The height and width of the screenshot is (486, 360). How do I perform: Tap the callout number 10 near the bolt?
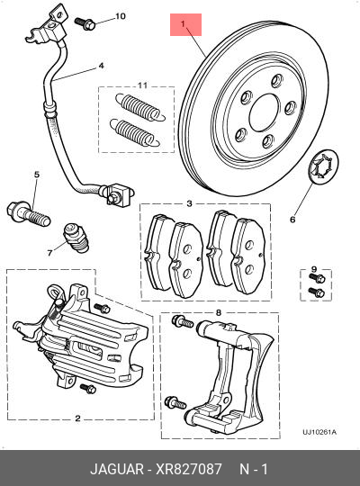(121, 16)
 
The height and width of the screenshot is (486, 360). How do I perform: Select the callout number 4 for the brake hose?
(101, 66)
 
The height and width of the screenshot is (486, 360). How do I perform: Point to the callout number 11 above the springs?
(140, 85)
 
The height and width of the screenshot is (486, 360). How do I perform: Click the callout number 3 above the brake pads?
(189, 204)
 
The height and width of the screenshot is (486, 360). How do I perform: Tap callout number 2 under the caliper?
(78, 418)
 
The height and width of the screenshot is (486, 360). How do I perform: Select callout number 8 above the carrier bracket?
(218, 312)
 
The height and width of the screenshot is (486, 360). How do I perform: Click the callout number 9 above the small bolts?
(313, 270)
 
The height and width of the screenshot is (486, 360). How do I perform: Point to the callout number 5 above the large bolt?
(37, 174)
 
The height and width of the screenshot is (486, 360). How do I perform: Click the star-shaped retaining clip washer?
(320, 168)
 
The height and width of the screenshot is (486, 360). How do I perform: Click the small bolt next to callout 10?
(85, 22)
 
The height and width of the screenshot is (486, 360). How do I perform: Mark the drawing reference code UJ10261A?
(319, 432)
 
